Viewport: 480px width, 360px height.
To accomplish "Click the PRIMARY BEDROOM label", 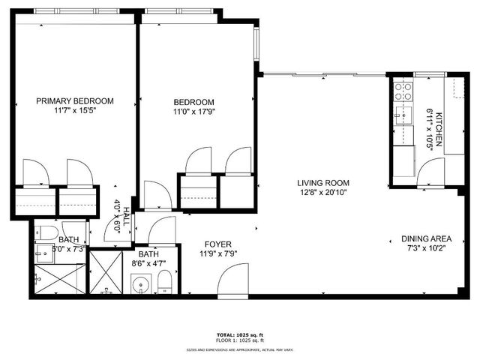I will pos(75,100).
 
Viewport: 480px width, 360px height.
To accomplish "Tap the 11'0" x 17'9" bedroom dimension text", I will pos(194,114).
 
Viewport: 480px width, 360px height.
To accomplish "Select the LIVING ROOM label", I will pos(323,182).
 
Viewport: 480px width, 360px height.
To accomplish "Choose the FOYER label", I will pos(218,244).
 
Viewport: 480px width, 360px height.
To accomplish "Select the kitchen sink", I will pos(402,118).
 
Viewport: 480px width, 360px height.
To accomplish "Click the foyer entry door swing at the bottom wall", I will pos(232,283).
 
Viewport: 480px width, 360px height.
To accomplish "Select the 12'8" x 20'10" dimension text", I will pos(323,192).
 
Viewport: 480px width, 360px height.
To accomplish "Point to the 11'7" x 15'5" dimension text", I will pos(75,111).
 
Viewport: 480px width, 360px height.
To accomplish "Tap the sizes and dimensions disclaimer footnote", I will pos(240,349).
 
